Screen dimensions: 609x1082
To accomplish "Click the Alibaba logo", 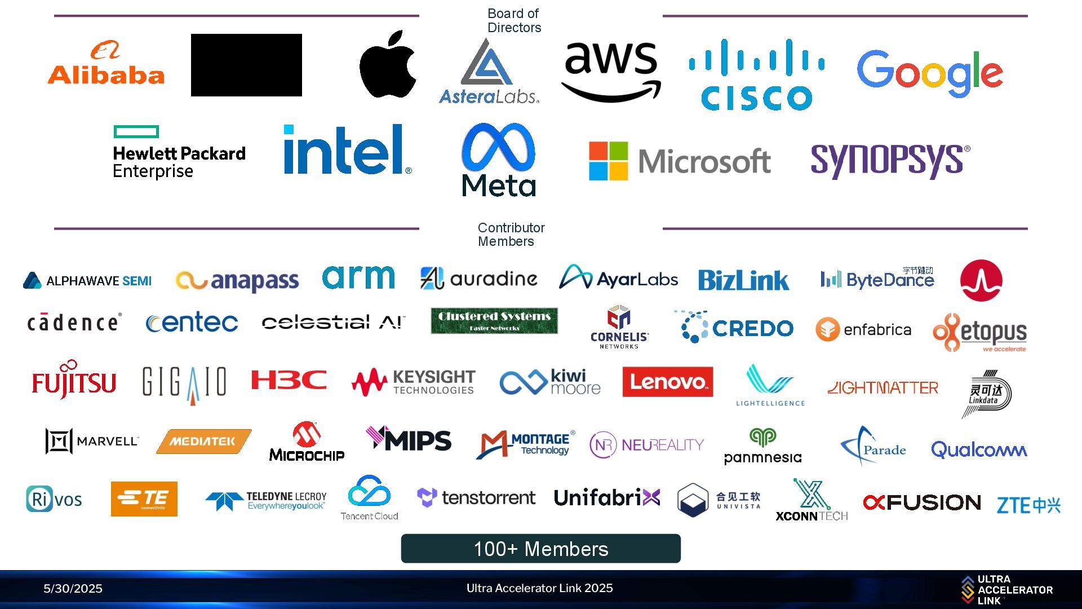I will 106,63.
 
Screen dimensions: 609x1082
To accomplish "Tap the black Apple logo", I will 388,64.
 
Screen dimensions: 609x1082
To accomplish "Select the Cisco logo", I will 756,74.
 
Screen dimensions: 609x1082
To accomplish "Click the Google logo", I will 929,73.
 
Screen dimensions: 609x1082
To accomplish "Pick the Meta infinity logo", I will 498,148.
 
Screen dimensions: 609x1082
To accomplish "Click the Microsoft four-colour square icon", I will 608,161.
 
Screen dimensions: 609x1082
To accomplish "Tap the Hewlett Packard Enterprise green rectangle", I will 136,131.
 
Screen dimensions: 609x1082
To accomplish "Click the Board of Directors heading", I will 513,20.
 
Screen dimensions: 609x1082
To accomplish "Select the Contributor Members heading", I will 511,235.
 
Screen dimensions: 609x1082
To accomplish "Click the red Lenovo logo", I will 667,382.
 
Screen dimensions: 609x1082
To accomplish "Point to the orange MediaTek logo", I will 203,441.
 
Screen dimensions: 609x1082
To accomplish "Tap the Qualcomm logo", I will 979,449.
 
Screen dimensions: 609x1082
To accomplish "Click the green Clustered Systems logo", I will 494,321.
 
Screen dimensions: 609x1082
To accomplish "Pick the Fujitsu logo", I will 74,382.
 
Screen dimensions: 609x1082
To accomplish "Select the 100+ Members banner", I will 540,549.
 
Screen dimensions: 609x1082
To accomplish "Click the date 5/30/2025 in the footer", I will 73,589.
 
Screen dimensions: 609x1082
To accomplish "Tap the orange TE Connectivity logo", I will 144,498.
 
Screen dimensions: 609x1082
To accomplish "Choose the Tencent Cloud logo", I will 369,497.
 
